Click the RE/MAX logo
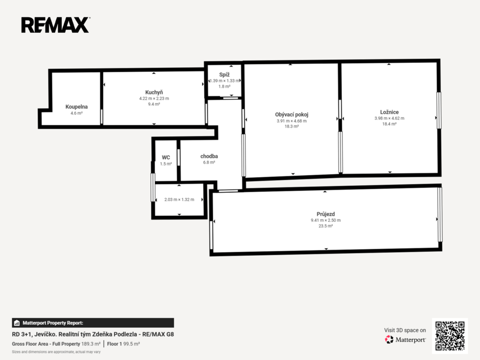tap(55, 25)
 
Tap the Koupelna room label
tap(76, 107)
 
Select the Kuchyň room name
tap(154, 92)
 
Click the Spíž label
tap(225, 75)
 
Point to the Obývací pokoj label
tap(292, 114)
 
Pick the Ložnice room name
tap(390, 112)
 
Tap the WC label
tap(166, 157)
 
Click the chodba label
tap(209, 156)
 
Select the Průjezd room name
tap(326, 214)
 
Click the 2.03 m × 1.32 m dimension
tap(179, 200)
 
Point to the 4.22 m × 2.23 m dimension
tap(154, 98)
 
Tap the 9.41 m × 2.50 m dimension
tap(326, 220)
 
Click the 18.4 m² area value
tap(390, 124)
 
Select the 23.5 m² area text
tap(326, 226)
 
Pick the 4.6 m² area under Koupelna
tap(76, 113)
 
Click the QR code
tap(450, 336)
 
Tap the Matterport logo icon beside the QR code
tap(389, 339)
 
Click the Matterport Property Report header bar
tap(93, 323)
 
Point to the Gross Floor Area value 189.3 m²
tap(91, 344)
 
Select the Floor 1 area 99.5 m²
tap(132, 344)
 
